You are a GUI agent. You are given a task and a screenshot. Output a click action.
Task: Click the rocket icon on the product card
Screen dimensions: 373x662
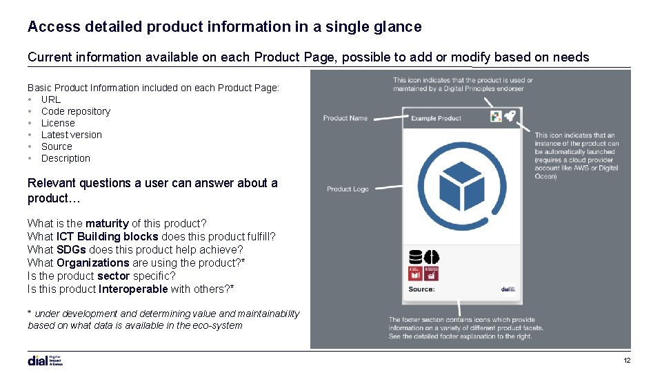click(x=510, y=117)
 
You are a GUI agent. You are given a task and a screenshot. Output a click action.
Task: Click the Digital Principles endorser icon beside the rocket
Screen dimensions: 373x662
click(x=496, y=117)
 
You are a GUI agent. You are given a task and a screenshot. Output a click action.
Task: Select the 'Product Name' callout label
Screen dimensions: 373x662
click(x=345, y=118)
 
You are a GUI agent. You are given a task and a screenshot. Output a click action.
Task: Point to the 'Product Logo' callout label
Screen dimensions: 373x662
click(x=348, y=189)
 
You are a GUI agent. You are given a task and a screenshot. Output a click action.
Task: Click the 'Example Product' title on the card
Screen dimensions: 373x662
click(x=436, y=118)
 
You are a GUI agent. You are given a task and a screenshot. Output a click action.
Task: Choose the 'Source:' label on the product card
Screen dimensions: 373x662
click(x=421, y=289)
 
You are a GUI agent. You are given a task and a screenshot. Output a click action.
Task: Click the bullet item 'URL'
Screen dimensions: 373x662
click(x=51, y=99)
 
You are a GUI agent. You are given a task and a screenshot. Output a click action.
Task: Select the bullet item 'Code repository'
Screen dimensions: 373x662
click(x=75, y=111)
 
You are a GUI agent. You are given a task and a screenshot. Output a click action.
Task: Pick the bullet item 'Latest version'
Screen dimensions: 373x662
click(x=71, y=135)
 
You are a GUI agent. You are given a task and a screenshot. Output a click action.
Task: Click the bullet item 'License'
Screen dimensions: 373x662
click(x=58, y=123)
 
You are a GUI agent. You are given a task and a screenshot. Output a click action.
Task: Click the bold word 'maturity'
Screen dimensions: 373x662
click(x=107, y=223)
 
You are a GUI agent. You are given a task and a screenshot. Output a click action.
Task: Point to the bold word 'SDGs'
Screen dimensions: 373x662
click(x=71, y=249)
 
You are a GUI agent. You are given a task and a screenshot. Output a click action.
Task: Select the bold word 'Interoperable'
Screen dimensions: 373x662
click(x=133, y=289)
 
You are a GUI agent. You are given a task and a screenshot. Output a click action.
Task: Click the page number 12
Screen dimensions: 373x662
click(x=627, y=361)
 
